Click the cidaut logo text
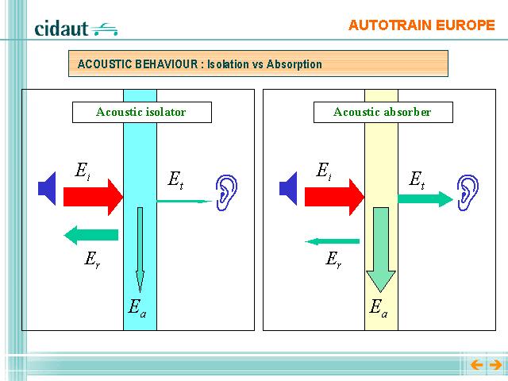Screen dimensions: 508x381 coord(61,29)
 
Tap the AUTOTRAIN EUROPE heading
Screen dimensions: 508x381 coord(421,25)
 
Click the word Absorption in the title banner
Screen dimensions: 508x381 coord(294,64)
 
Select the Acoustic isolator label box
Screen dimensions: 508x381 coord(142,112)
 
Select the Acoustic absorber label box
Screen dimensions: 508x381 coord(383,112)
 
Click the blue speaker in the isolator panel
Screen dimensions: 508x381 coord(47,189)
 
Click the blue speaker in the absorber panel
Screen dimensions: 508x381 coord(288,189)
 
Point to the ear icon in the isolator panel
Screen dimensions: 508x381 coord(226,193)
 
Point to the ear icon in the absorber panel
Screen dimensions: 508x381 coord(468,193)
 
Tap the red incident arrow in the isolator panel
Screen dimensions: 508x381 coord(93,197)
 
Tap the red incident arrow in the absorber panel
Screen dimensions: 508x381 coord(334,197)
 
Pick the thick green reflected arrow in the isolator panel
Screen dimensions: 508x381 coord(91,235)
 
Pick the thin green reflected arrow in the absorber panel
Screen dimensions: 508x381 coord(332,241)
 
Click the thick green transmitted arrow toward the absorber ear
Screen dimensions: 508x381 coord(425,199)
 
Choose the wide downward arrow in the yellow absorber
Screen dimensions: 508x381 coord(381,249)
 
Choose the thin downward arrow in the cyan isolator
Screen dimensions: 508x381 coord(140,249)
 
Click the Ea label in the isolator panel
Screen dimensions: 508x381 coord(137,308)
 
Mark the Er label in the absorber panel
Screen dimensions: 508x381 coord(333,260)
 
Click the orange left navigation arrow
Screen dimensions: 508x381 coord(476,365)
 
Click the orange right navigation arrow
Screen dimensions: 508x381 coord(495,365)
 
